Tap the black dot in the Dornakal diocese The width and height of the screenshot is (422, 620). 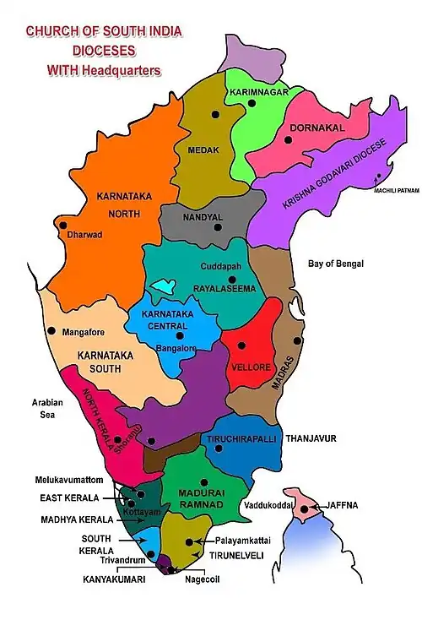[x=289, y=141]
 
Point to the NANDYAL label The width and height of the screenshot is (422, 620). [x=203, y=217]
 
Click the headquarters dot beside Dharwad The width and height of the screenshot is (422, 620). [x=63, y=225]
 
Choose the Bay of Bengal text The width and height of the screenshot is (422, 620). [x=335, y=264]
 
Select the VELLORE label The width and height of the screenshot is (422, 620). [x=250, y=368]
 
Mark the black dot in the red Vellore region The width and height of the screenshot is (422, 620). [x=241, y=345]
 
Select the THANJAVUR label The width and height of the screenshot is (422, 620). [x=311, y=439]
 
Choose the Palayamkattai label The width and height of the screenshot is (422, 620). [x=235, y=536]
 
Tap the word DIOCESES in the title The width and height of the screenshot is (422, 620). [x=93, y=51]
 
